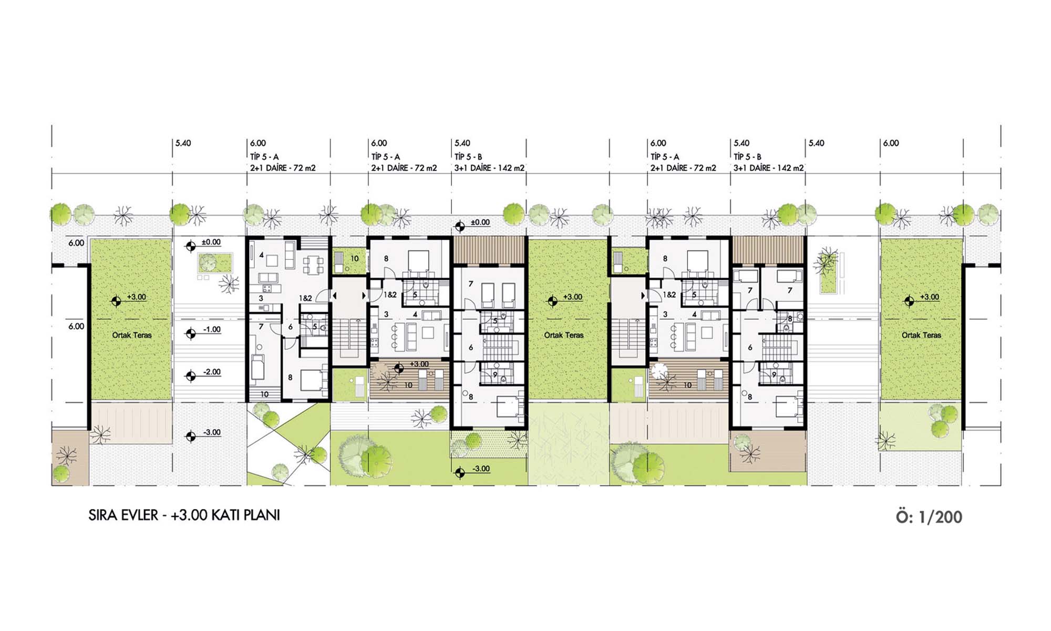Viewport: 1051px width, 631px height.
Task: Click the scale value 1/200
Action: click(940, 517)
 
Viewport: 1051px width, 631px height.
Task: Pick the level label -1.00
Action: click(212, 330)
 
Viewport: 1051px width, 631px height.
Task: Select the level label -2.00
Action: click(212, 372)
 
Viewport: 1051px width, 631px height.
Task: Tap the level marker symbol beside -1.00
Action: click(191, 334)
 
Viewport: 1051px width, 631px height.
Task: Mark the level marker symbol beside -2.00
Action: click(191, 376)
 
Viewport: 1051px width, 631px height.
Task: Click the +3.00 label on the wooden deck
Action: click(419, 364)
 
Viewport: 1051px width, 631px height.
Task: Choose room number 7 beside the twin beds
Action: click(471, 284)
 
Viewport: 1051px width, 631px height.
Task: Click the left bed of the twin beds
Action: click(488, 295)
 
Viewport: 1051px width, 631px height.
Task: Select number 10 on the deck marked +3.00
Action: click(408, 385)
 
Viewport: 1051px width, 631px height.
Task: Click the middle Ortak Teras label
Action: click(563, 335)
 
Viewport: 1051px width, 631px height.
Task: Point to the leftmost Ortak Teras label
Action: click(131, 335)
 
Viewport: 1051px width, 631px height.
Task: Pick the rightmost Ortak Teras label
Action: click(921, 335)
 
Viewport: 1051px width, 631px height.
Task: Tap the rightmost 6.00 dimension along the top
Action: click(891, 143)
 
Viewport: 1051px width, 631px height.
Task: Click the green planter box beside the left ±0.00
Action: click(214, 263)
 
